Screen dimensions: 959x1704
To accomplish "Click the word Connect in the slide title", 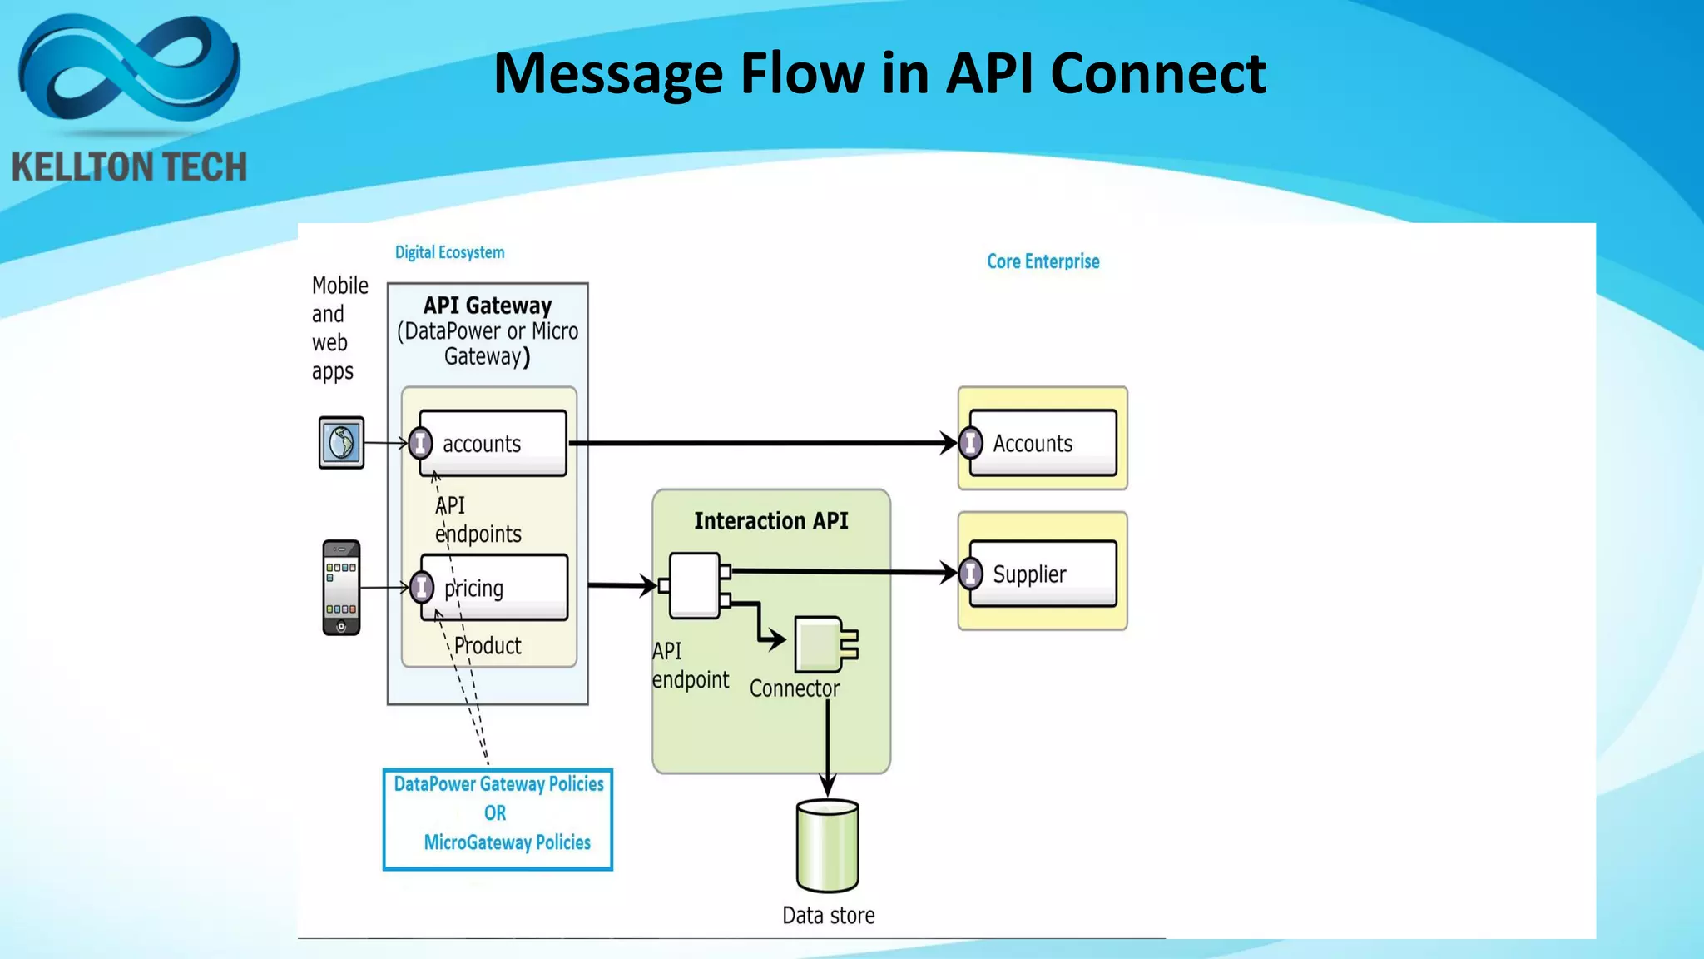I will [x=1157, y=73].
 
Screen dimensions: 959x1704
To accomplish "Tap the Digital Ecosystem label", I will [x=449, y=252].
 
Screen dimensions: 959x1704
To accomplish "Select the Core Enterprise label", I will [x=1043, y=261].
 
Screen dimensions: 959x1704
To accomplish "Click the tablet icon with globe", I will [x=341, y=442].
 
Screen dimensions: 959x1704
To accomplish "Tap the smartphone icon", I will [x=341, y=588].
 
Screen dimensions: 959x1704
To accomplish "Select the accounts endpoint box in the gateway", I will [x=493, y=443].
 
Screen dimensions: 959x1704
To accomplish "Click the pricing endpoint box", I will [x=494, y=588].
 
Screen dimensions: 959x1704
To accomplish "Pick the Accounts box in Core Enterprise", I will [x=1043, y=443].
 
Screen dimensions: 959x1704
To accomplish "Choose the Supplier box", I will [x=1043, y=574].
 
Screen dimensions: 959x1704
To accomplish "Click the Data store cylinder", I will [x=827, y=846].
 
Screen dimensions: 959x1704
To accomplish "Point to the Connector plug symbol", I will [x=824, y=644].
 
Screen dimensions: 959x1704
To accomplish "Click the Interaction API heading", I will [x=770, y=521].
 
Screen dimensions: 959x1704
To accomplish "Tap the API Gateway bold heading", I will [x=488, y=306].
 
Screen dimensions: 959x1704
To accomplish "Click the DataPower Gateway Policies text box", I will [x=498, y=819].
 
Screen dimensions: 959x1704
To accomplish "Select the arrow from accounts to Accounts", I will [x=761, y=443].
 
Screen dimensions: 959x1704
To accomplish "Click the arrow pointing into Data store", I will [x=827, y=749].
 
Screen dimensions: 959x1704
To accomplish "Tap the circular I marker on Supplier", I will [x=970, y=574].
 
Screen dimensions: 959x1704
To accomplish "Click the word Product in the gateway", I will [x=488, y=646].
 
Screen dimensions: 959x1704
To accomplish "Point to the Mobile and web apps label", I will [x=339, y=328].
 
